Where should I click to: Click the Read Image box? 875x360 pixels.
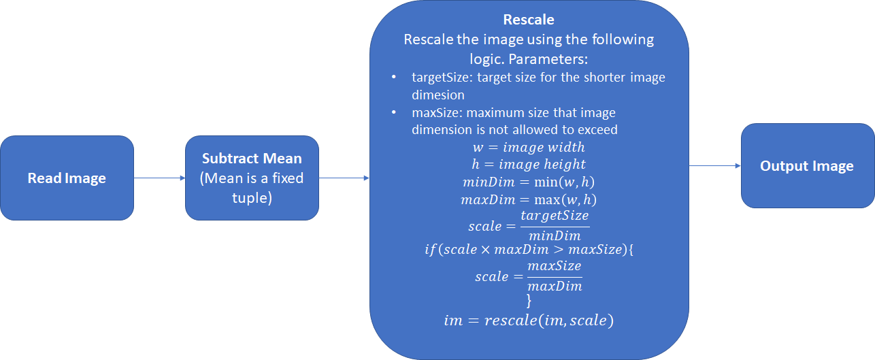(67, 178)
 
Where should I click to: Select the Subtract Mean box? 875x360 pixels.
(252, 178)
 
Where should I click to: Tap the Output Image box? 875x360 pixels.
(807, 166)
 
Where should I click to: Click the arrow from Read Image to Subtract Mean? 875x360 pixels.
(159, 178)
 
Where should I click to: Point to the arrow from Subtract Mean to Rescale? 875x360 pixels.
(344, 178)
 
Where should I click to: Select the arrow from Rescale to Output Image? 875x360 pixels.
(714, 165)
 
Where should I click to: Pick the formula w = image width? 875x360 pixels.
(529, 147)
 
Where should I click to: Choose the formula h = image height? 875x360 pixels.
(529, 165)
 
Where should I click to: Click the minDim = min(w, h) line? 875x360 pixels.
(529, 182)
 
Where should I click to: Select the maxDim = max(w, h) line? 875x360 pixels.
(529, 200)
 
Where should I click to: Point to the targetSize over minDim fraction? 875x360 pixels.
(554, 225)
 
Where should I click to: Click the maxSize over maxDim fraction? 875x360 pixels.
(554, 276)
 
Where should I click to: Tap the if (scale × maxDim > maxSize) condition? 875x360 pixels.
(529, 250)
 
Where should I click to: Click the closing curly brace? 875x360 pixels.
(529, 299)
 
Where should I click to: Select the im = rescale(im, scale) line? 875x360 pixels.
(529, 320)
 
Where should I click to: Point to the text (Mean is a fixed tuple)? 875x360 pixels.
(252, 187)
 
